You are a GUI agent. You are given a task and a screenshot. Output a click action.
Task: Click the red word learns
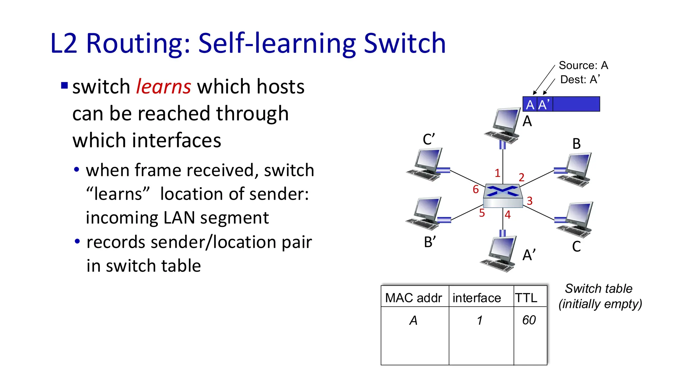point(163,87)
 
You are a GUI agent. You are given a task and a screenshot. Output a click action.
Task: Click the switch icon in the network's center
point(503,196)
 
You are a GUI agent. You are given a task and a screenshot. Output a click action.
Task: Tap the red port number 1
point(497,173)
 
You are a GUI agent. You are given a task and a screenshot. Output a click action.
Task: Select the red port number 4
point(508,215)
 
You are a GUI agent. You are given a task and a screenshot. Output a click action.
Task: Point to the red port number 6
point(476,189)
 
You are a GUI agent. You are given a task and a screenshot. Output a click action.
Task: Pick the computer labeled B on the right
point(575,169)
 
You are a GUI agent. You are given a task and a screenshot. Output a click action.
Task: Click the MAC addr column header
point(413,298)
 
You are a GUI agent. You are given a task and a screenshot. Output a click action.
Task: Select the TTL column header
point(526,298)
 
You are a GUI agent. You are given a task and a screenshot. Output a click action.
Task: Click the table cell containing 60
point(529,320)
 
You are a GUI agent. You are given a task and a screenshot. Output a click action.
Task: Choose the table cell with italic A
point(413,320)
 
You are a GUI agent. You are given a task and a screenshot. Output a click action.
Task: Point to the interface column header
point(477,298)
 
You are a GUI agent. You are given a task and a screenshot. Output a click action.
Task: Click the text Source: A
point(583,65)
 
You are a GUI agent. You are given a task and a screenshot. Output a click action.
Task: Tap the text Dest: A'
point(580,80)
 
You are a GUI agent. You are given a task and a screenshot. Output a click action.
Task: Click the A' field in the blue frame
point(544,105)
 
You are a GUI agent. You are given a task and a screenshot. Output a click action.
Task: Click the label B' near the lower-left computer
point(430,242)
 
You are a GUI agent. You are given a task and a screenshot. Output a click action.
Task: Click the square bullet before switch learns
point(65,86)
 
